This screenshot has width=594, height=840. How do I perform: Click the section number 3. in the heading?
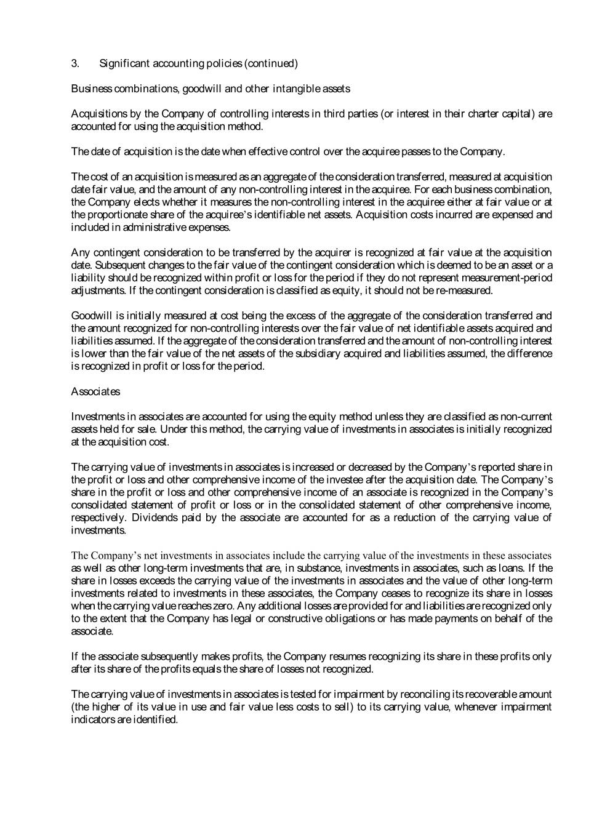tap(75, 63)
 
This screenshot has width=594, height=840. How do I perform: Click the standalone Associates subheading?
tap(95, 391)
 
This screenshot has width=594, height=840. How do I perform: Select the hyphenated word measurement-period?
tap(505, 278)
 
